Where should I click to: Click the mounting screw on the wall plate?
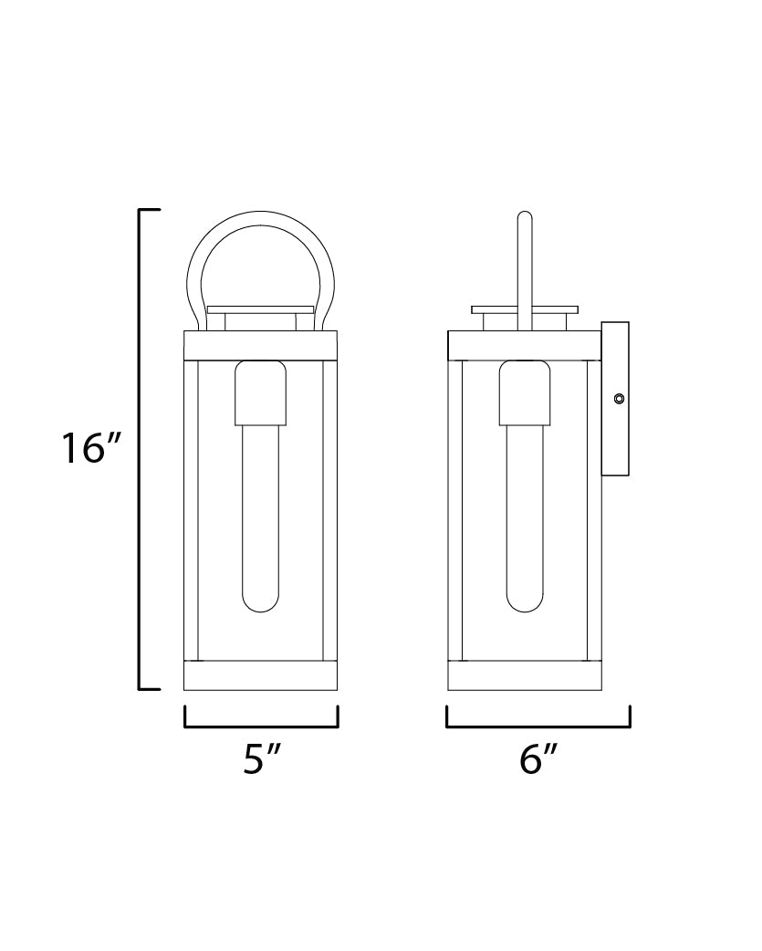click(620, 398)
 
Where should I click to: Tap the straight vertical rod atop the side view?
click(524, 265)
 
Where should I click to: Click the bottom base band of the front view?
click(261, 675)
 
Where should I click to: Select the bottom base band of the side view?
click(525, 675)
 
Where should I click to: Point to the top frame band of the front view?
click(261, 343)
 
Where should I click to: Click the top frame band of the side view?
click(525, 343)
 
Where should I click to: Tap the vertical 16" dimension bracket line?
click(140, 449)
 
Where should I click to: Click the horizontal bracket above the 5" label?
click(261, 727)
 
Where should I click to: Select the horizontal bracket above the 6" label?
click(538, 727)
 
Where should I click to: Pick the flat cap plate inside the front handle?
click(261, 310)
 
